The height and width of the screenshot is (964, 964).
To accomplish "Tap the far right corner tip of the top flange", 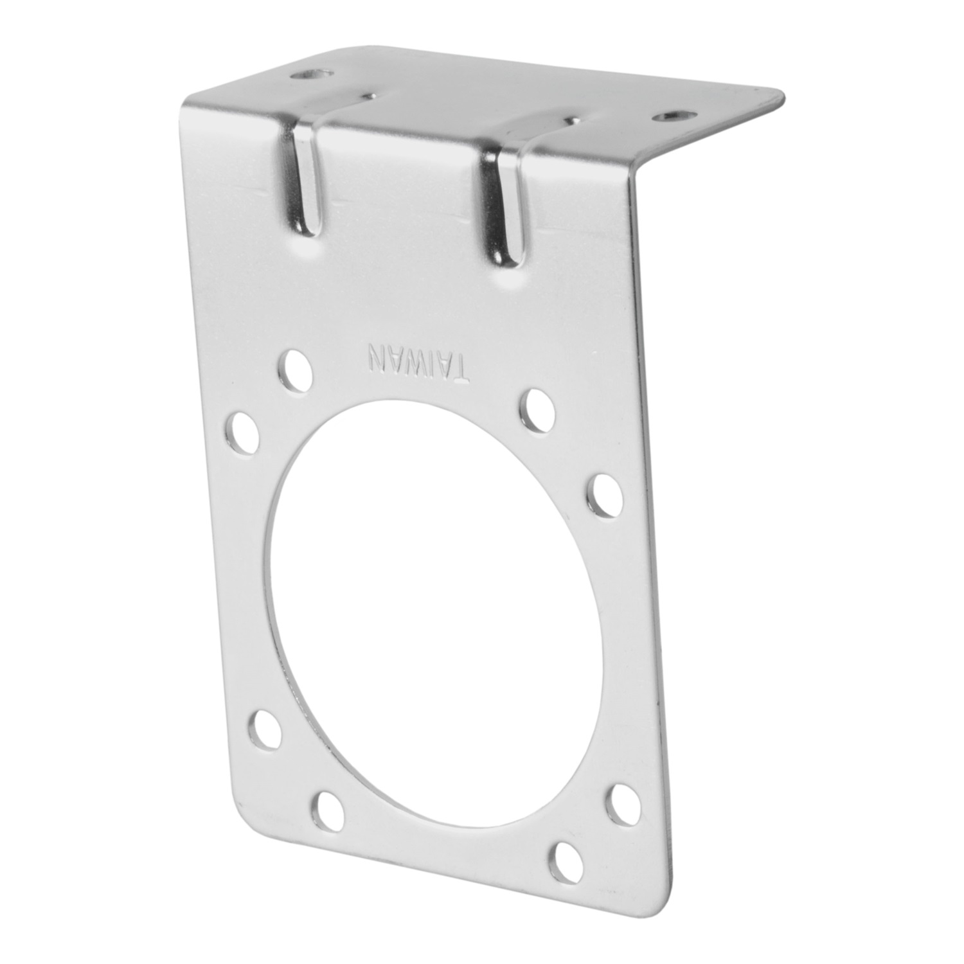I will [783, 96].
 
